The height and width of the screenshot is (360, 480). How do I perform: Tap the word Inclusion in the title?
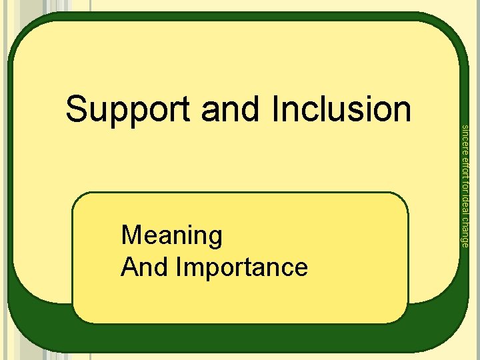(341, 109)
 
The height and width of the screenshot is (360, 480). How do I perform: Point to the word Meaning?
(172, 236)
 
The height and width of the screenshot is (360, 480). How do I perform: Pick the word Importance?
(243, 268)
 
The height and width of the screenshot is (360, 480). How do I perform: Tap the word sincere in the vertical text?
(465, 138)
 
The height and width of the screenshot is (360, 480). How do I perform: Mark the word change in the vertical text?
(465, 231)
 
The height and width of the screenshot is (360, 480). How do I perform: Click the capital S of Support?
(77, 109)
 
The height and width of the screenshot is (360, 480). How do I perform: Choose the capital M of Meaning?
(131, 235)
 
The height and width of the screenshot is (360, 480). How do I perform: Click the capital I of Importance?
(179, 267)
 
